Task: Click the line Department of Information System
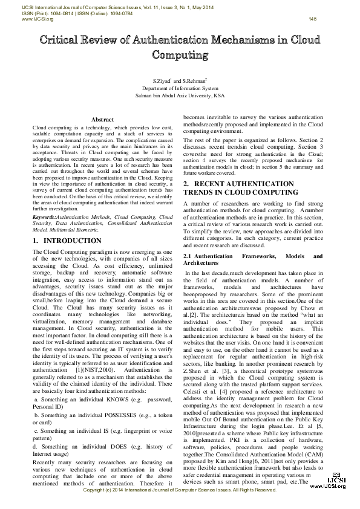coord(180,88)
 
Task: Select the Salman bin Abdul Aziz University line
coord(180,96)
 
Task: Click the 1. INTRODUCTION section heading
coord(67,241)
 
